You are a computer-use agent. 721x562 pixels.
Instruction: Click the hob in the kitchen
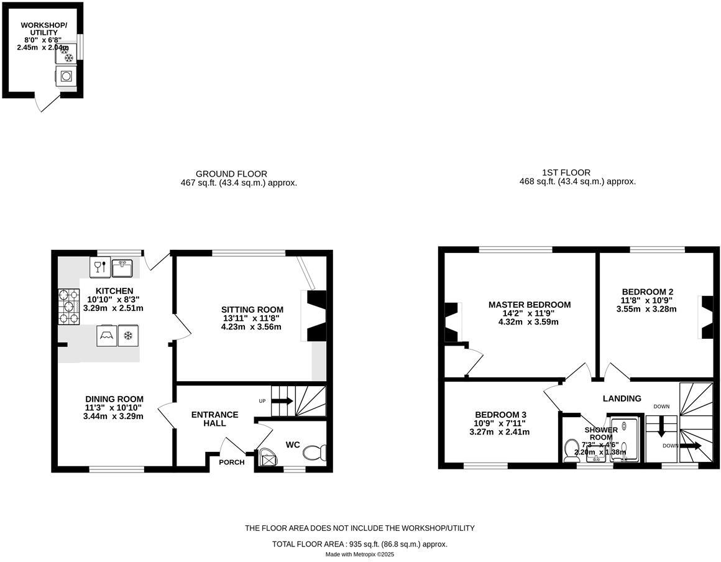pyautogui.click(x=69, y=307)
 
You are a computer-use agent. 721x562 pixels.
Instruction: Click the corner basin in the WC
pyautogui.click(x=269, y=458)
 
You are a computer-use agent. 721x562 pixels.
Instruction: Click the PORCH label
pyautogui.click(x=231, y=462)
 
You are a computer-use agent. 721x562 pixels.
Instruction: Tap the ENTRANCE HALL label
pyautogui.click(x=214, y=419)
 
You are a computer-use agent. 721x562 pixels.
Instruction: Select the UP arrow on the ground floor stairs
pyautogui.click(x=282, y=400)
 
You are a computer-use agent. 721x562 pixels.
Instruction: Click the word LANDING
pyautogui.click(x=622, y=398)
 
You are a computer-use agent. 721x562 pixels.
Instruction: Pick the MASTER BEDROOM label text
pyautogui.click(x=529, y=305)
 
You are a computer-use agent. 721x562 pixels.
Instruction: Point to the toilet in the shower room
pyautogui.click(x=571, y=450)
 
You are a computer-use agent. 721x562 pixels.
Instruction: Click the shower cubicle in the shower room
pyautogui.click(x=625, y=438)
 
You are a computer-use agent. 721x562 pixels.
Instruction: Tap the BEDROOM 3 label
pyautogui.click(x=500, y=415)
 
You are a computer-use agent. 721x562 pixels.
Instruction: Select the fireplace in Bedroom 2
pyautogui.click(x=707, y=317)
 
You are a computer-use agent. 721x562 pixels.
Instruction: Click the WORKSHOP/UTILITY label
pyautogui.click(x=44, y=29)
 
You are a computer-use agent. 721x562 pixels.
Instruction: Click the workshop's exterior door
pyautogui.click(x=48, y=104)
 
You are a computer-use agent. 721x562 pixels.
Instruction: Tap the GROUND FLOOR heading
pyautogui.click(x=231, y=174)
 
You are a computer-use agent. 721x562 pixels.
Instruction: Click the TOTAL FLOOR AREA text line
pyautogui.click(x=360, y=544)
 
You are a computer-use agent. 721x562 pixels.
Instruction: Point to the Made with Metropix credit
pyautogui.click(x=360, y=554)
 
